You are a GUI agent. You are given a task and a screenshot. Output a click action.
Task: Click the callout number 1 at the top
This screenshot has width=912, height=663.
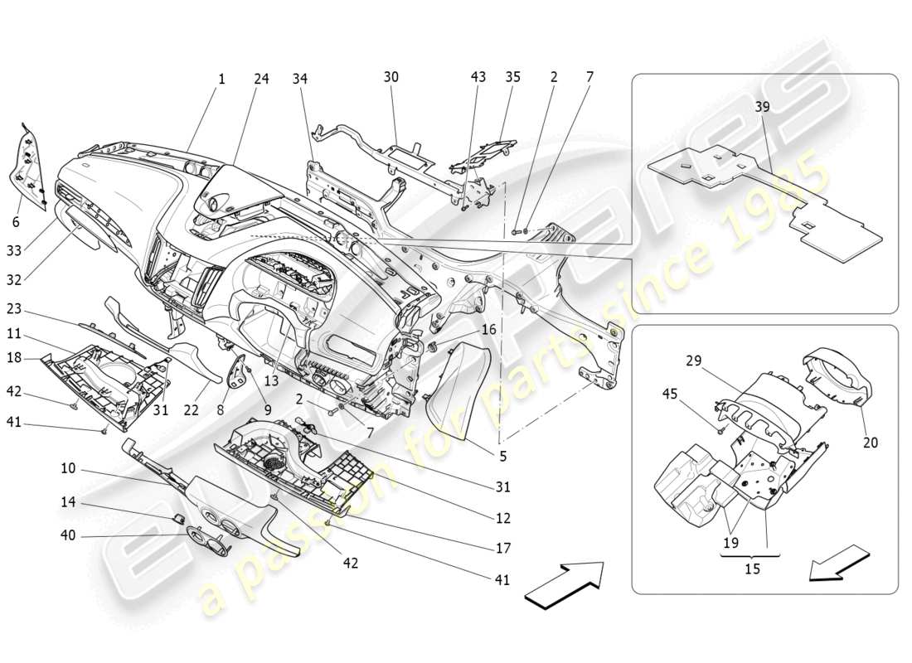pos(221,80)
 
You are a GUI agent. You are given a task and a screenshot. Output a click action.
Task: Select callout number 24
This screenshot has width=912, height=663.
pos(261,80)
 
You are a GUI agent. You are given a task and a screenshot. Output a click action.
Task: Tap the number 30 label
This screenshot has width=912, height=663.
pos(391,77)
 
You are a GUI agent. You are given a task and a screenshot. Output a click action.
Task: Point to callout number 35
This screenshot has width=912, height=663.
pos(512,77)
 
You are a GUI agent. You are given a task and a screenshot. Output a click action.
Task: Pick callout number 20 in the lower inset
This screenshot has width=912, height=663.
pos(870,443)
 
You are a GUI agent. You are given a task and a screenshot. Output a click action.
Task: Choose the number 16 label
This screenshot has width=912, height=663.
pos(489,330)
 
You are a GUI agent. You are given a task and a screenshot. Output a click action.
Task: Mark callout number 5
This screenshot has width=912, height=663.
pos(502,455)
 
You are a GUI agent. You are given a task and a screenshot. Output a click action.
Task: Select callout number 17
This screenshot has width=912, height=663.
pos(503,548)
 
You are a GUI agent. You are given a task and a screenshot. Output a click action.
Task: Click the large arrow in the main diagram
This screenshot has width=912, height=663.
pos(565,585)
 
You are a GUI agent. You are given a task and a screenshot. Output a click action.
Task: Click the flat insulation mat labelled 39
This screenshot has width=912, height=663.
pos(763,199)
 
